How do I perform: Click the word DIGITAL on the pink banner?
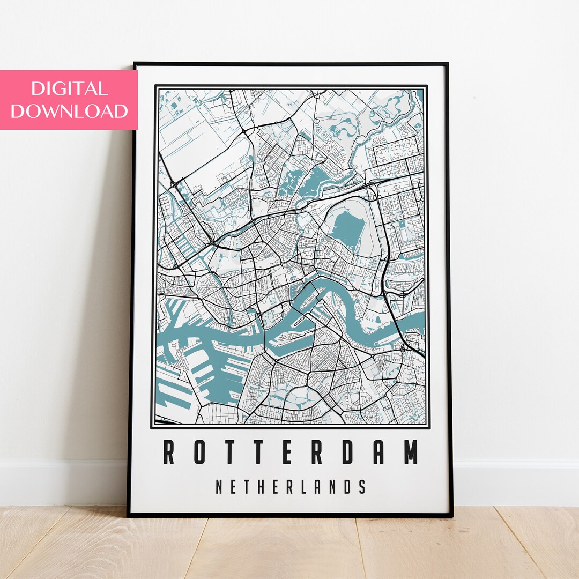pyautogui.click(x=69, y=88)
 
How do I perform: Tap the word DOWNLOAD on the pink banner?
pyautogui.click(x=69, y=111)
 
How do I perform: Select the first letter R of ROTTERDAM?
pyautogui.click(x=169, y=452)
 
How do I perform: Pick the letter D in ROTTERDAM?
pyautogui.click(x=348, y=452)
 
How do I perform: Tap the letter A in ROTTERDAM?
pyautogui.click(x=380, y=452)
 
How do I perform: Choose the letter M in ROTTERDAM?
pyautogui.click(x=411, y=452)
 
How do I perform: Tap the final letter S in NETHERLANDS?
pyautogui.click(x=362, y=487)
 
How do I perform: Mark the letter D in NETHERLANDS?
pyautogui.click(x=348, y=487)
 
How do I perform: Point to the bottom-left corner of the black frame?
pyautogui.click(x=129, y=515)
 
